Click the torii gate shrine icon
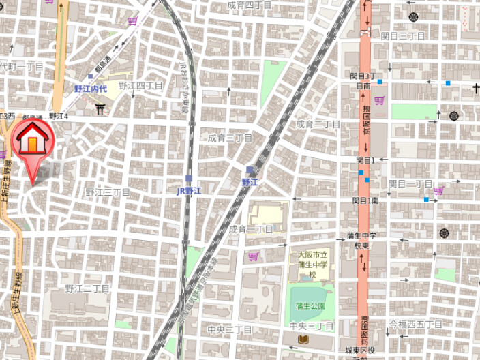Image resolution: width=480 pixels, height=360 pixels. [101, 108]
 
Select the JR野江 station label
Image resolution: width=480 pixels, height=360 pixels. [190, 191]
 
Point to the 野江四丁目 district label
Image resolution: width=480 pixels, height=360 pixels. [140, 85]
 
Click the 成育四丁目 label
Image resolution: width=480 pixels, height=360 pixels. [250, 5]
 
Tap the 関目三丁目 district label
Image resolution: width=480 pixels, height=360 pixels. [403, 35]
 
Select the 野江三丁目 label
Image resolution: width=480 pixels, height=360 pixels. [108, 192]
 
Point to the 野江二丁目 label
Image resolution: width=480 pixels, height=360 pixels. [87, 288]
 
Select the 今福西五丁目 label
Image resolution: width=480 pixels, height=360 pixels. [415, 324]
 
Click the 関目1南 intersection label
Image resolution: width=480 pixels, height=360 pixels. [365, 200]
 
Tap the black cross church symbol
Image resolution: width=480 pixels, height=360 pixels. [476, 88]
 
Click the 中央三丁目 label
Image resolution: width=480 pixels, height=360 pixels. [312, 326]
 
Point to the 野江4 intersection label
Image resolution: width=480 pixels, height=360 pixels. [59, 117]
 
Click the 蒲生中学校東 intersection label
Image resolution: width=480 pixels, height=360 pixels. [361, 240]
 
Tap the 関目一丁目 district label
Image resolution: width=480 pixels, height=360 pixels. [410, 184]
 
